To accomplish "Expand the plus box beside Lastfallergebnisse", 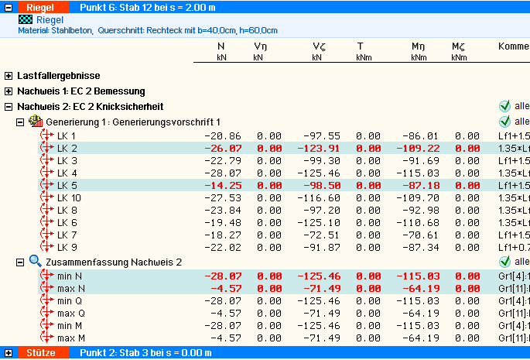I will point(9,76).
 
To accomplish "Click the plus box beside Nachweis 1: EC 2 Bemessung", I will point(9,91).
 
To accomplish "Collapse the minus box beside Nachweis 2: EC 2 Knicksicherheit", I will point(9,106).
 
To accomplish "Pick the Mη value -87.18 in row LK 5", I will point(421,185).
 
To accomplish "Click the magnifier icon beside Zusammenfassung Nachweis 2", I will point(35,262).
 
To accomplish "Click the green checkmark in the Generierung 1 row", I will point(505,122).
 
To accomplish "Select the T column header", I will point(360,46).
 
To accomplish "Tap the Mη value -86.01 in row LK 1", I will point(421,135).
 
